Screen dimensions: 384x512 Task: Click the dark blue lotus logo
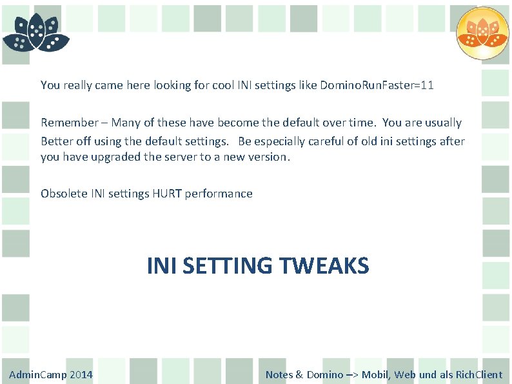[x=35, y=32]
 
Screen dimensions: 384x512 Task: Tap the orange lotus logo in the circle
[x=482, y=33]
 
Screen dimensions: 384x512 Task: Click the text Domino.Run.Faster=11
[x=377, y=85]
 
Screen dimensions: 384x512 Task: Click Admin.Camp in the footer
[x=37, y=375]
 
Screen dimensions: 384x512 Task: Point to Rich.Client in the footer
[x=479, y=375]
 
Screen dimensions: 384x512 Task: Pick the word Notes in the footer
[x=279, y=375]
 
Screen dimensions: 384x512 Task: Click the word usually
[x=443, y=123]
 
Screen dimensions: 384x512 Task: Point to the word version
[x=270, y=157]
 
